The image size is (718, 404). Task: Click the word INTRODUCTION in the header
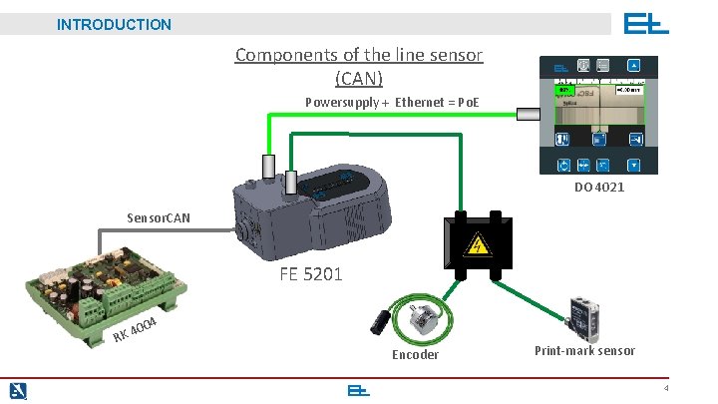pyautogui.click(x=114, y=24)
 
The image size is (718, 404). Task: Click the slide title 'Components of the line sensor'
pyautogui.click(x=358, y=55)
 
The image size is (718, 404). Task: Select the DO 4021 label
pyautogui.click(x=599, y=188)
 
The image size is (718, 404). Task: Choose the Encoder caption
pyautogui.click(x=415, y=354)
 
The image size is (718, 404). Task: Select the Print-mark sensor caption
pyautogui.click(x=584, y=350)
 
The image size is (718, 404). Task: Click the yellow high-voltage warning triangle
pyautogui.click(x=480, y=244)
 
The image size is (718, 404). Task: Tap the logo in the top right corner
pyautogui.click(x=646, y=24)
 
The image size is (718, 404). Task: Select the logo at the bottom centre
pyautogui.click(x=359, y=390)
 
